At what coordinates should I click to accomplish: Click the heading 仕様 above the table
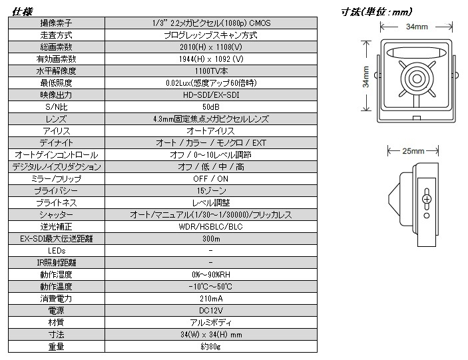pos(22,10)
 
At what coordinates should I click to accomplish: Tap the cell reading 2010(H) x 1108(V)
pos(210,47)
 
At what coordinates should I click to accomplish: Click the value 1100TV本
pos(210,71)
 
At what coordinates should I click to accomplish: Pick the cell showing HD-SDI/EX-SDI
pos(210,94)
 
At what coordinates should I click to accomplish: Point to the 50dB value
pos(210,106)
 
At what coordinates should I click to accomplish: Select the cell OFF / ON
pos(210,179)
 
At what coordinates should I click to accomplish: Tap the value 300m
pos(210,239)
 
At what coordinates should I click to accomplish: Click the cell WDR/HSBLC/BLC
pos(210,227)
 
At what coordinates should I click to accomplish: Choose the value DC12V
pos(210,311)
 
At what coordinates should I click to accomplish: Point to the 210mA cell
pos(210,299)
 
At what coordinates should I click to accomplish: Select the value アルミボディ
pos(210,323)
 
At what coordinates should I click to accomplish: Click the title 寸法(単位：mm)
pos(375,11)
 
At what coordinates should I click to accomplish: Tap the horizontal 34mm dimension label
pos(415,26)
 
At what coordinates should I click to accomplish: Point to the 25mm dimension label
pos(413,152)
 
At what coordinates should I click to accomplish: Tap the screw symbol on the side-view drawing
pos(426,199)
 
